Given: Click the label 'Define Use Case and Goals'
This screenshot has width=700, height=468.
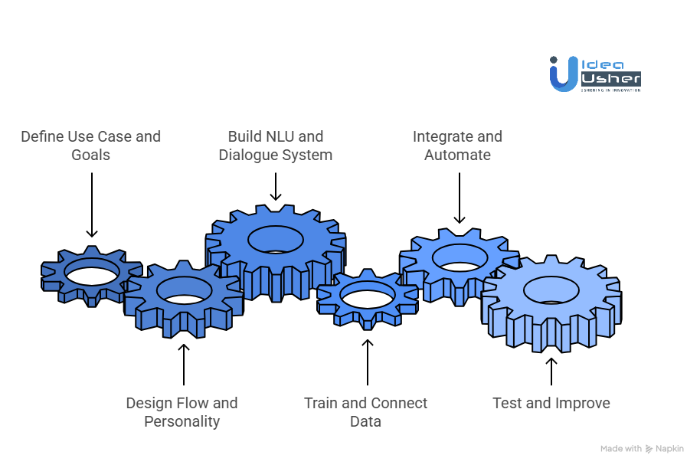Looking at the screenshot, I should coord(90,146).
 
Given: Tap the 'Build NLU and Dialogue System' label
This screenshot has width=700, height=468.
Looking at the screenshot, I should coord(275,146).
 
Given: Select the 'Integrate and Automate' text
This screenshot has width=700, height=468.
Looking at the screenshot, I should coord(457,146).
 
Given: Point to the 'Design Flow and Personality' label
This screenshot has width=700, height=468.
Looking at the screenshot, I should coord(182,412).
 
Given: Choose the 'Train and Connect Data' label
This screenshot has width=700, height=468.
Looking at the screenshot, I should coord(365,412).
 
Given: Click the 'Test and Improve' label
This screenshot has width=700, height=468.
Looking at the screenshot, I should coord(551,403).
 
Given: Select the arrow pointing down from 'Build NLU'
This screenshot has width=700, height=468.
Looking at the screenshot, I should coord(275,186).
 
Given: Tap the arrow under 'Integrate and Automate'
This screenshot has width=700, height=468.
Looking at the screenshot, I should coord(459,198).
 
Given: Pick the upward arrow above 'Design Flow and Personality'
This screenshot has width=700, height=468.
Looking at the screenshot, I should coord(183,365).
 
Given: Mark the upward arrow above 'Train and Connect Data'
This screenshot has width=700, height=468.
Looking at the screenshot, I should coord(367,362).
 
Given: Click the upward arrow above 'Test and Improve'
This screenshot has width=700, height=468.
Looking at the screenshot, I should coord(551,370).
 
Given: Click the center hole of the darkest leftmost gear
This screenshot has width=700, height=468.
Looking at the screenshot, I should coord(91,271).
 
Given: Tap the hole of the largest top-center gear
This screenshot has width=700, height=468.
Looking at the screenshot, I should coord(275,238).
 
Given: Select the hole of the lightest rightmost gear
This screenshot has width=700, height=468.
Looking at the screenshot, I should coord(551,290).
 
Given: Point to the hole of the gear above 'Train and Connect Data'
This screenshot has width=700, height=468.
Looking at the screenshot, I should coord(367,294).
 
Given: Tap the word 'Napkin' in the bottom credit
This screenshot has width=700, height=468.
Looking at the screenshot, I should coord(671,449).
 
